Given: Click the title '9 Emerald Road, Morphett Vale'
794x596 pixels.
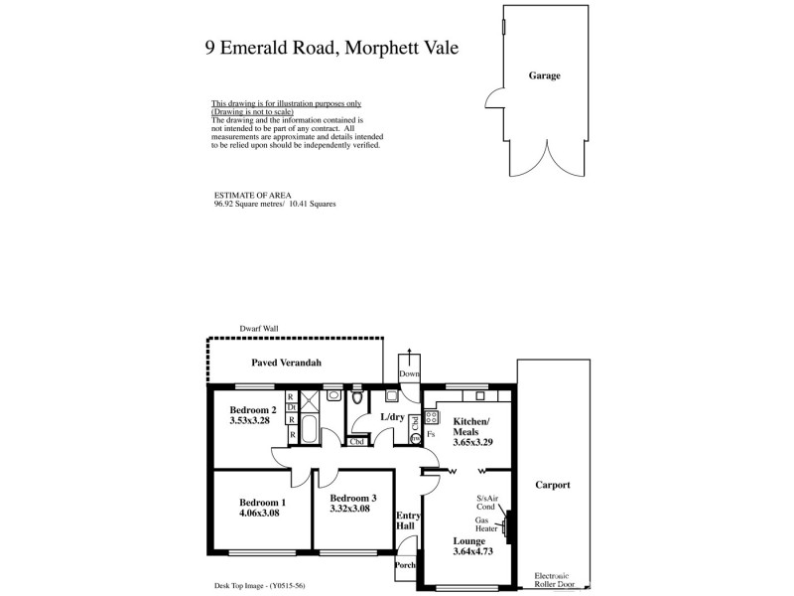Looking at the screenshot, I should [331, 47].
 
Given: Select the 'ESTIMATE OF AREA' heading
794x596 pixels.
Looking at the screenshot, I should [246, 196].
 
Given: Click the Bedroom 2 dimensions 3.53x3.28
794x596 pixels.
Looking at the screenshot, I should [250, 420].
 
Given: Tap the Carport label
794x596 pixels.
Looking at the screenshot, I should [552, 486].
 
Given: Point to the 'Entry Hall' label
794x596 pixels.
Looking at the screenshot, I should [408, 521].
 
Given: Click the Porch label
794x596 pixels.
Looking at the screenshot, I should [406, 565].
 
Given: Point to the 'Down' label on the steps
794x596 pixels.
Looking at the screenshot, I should [409, 373].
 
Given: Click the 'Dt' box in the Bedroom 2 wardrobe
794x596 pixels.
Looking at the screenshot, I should [292, 407].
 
